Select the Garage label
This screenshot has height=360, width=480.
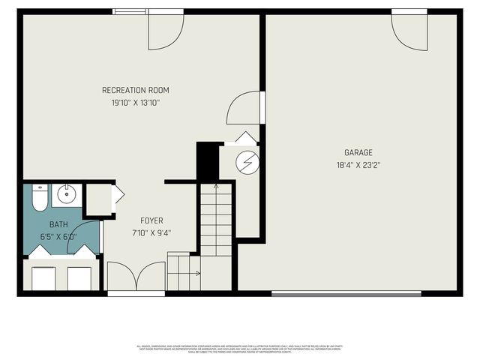click(x=358, y=152)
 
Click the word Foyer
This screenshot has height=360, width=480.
click(x=151, y=220)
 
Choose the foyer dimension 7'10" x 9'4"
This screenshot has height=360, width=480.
click(x=151, y=232)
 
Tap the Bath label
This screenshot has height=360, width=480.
click(x=58, y=224)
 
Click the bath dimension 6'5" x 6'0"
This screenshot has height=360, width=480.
click(x=58, y=236)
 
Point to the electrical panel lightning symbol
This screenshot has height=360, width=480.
click(x=247, y=161)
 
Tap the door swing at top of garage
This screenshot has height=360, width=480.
click(x=409, y=30)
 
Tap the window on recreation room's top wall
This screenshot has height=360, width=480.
click(x=130, y=11)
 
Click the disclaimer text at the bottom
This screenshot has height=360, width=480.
click(x=239, y=348)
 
